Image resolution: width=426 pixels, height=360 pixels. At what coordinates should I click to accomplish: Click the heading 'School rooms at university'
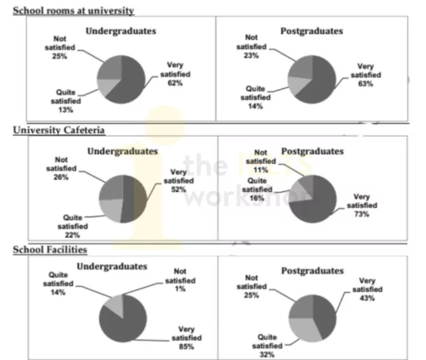73,11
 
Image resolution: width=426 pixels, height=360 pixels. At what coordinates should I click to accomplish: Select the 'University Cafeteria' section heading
59,130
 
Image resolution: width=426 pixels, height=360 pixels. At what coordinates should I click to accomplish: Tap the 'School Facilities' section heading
50,250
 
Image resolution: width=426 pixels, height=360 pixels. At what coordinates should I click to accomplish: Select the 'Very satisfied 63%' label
366,75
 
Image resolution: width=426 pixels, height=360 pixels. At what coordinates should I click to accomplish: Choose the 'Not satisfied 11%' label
260,161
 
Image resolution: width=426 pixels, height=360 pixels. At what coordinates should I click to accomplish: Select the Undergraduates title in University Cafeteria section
123,151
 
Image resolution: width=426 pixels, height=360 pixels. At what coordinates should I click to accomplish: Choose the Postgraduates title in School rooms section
312,31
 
